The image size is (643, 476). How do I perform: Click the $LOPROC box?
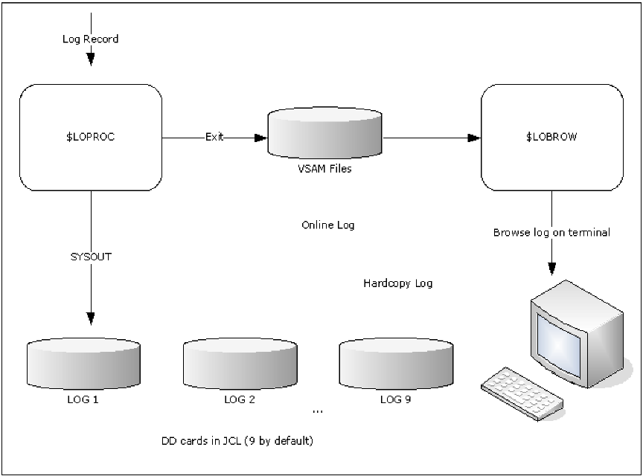click(91, 137)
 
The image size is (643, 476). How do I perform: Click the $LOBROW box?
click(551, 137)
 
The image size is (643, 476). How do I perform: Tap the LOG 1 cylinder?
click(83, 364)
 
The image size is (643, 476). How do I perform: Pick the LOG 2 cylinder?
click(240, 364)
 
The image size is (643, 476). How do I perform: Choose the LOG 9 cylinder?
click(395, 364)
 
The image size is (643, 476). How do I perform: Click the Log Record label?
click(91, 39)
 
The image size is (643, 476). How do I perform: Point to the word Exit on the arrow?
click(215, 138)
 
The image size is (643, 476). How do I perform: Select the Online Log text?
click(328, 225)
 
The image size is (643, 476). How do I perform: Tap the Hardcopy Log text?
click(398, 283)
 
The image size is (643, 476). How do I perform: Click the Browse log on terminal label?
click(551, 232)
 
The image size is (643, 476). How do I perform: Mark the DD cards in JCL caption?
click(237, 440)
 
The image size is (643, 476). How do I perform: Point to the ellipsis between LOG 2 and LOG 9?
click(318, 411)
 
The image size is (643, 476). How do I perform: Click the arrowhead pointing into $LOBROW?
click(473, 138)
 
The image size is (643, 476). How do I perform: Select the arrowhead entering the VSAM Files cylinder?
click(260, 138)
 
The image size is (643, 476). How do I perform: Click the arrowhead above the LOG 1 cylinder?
click(91, 318)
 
